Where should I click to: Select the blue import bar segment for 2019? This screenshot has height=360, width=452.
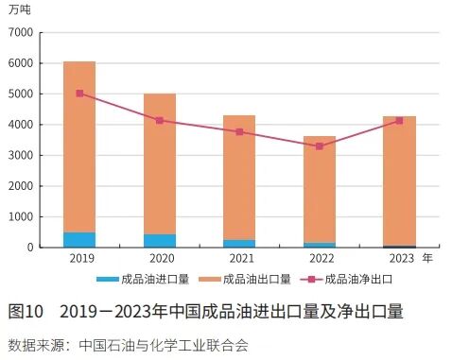[x=79, y=240]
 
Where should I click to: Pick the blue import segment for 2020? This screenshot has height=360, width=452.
[x=160, y=241]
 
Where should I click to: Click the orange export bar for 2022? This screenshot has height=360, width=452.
[x=320, y=189]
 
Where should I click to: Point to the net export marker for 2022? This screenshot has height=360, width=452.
[x=320, y=146]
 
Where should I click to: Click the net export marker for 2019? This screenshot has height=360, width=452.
[x=79, y=94]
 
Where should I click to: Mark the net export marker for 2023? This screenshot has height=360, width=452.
[x=399, y=121]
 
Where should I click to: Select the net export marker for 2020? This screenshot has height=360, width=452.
[x=160, y=121]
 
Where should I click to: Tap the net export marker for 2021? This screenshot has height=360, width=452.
[x=239, y=132]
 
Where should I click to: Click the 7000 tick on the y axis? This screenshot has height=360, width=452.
[x=20, y=33]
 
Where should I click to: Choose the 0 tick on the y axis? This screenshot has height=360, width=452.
[x=29, y=248]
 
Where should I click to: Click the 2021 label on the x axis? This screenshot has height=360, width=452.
[x=239, y=258]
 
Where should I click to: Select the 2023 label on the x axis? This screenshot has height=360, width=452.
[x=399, y=258]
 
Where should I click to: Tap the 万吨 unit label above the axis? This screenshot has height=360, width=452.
[x=21, y=10]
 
